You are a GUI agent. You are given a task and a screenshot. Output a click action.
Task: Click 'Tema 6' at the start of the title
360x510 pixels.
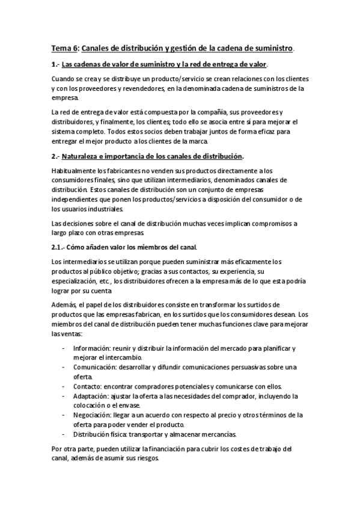[x=63, y=48]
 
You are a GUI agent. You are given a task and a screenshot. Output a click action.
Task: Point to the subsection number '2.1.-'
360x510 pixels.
[x=61, y=247]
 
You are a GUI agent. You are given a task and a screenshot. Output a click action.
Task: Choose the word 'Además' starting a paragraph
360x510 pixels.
[x=64, y=305]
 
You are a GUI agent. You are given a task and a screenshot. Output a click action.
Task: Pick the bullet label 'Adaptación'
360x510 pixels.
[x=90, y=396]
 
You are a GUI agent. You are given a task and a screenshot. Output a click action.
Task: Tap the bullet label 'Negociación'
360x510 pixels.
[x=93, y=415]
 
